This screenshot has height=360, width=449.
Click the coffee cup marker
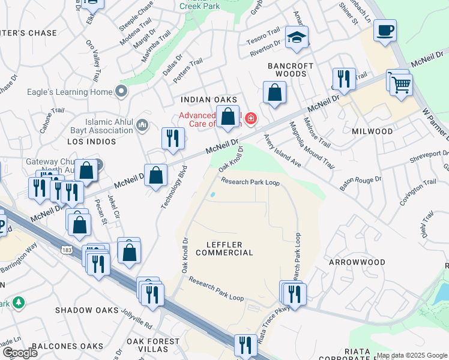385,30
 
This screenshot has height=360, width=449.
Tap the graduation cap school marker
297,37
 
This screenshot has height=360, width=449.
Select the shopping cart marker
401,84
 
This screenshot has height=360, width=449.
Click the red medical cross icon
250,119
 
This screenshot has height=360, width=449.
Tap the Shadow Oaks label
83,310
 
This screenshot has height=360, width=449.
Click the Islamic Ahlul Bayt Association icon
142,125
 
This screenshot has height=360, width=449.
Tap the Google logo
20,353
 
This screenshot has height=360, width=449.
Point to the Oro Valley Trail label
93,62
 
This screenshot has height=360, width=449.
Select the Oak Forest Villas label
152,345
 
